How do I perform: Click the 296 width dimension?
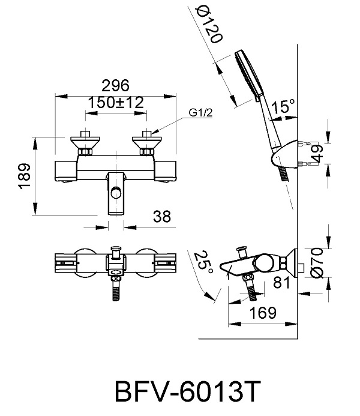pyautogui.click(x=116, y=85)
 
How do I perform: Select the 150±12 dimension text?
pyautogui.click(x=116, y=103)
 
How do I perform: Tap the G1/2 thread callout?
pyautogui.click(x=200, y=113)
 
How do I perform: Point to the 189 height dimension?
pyautogui.click(x=25, y=176)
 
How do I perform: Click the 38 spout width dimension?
pyautogui.click(x=162, y=216)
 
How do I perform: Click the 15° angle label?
pyautogui.click(x=283, y=106)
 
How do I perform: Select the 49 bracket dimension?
pyautogui.click(x=317, y=154)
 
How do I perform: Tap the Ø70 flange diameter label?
pyautogui.click(x=317, y=263)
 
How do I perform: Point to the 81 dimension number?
pyautogui.click(x=282, y=283)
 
